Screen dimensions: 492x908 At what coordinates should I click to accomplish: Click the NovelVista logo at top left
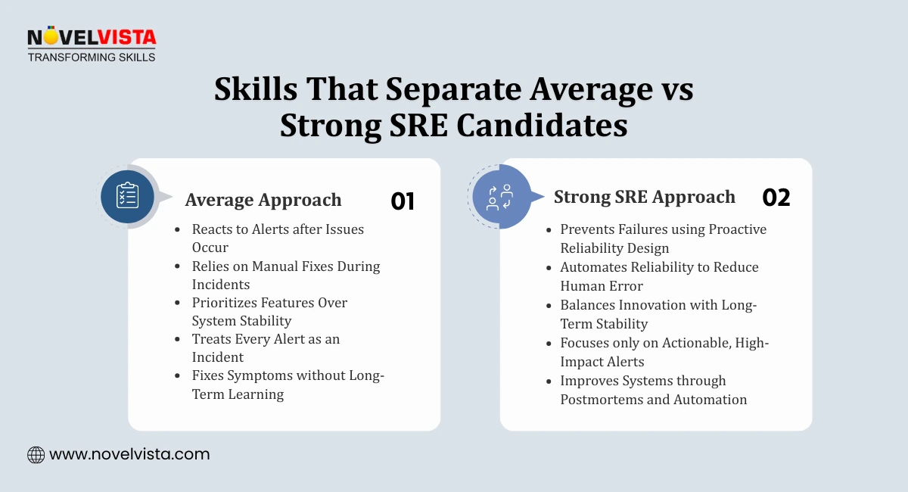tap(91, 37)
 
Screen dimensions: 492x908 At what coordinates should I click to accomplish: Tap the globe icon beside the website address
tap(36, 454)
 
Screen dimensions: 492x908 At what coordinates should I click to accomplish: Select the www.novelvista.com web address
tap(129, 454)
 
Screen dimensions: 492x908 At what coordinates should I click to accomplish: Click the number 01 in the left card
tap(403, 201)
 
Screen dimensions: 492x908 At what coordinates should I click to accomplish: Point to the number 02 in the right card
tap(776, 198)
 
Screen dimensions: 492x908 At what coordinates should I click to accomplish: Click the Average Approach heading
tap(263, 200)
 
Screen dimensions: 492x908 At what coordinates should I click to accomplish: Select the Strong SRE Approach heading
tap(644, 197)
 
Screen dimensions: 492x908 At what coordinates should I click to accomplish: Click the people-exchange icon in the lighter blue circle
tap(499, 197)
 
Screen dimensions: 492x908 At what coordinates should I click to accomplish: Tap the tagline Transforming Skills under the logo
tap(91, 57)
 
